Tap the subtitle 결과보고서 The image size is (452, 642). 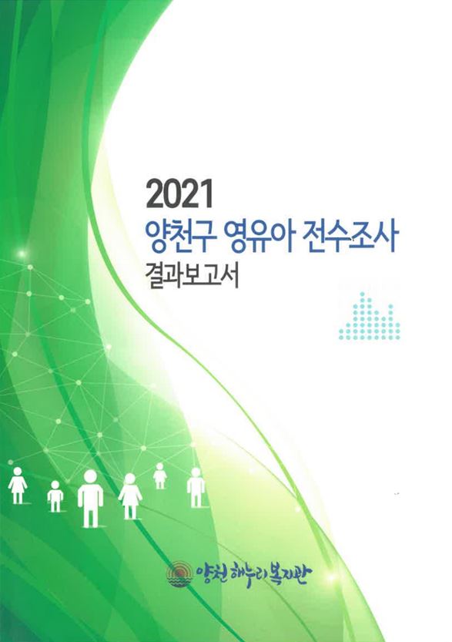tap(194, 277)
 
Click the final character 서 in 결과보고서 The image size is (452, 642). tap(229, 277)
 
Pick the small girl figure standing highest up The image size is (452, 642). tap(159, 476)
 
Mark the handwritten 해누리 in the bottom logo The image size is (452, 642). tap(253, 574)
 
